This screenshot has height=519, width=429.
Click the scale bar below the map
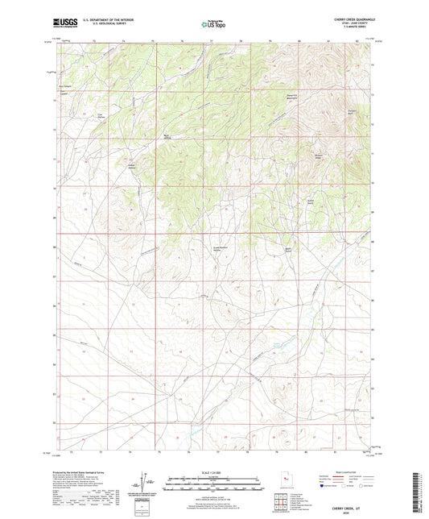coord(214,484)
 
